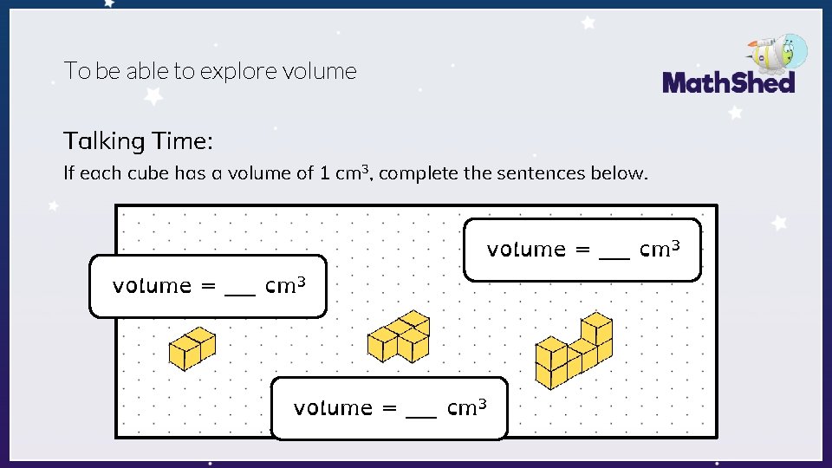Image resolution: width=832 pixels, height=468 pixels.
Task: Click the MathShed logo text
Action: click(x=728, y=83)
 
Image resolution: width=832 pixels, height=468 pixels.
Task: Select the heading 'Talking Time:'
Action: click(x=137, y=140)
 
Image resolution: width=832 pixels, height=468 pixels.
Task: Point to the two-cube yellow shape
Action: click(x=192, y=348)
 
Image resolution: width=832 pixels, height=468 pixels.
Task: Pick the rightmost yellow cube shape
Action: click(x=574, y=351)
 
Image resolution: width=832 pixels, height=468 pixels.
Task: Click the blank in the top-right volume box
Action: click(x=614, y=252)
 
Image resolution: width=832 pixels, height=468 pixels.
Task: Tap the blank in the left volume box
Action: click(x=240, y=289)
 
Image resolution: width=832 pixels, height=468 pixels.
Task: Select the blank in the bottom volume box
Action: click(x=421, y=410)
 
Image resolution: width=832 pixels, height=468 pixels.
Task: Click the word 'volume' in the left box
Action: click(x=152, y=286)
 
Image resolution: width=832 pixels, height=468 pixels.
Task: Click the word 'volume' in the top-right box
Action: click(x=526, y=250)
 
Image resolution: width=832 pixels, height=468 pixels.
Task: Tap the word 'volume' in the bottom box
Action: click(x=333, y=407)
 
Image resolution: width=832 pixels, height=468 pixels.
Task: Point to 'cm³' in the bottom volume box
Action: click(x=466, y=407)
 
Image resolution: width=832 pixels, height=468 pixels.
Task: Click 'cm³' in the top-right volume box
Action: click(x=659, y=250)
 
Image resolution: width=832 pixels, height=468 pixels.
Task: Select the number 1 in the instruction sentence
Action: click(x=324, y=173)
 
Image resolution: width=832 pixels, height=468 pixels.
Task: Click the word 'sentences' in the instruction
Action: click(x=538, y=173)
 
